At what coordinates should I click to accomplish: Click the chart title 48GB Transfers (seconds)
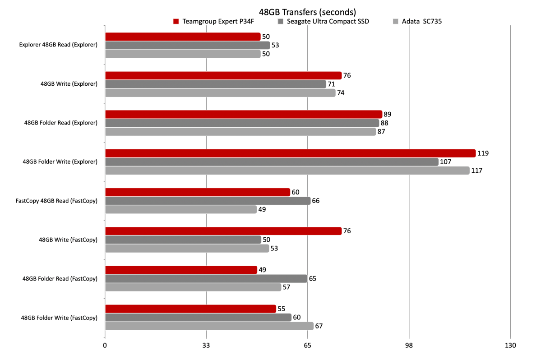point(307,11)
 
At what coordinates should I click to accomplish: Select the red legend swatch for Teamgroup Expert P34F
point(176,21)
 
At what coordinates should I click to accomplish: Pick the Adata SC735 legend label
point(419,21)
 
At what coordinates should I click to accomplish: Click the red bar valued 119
point(290,153)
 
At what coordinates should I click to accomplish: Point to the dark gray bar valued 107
point(272,162)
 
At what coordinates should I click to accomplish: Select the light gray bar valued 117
point(287,171)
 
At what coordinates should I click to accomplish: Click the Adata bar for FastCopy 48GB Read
point(181,209)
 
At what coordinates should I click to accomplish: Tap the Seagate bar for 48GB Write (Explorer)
point(215,84)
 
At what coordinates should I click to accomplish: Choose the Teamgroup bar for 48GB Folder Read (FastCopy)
point(181,270)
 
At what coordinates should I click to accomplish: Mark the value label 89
point(387,115)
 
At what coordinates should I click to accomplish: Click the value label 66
point(316,201)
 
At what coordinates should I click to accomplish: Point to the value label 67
point(319,326)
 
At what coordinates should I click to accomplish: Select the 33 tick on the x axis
point(206,346)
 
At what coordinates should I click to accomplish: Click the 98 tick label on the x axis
point(409,346)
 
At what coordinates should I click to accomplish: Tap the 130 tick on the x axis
point(510,346)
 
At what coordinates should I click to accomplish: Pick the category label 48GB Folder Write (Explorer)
point(60,162)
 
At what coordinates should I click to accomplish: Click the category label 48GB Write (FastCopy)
point(68,240)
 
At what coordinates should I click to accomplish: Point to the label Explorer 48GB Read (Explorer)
point(58,45)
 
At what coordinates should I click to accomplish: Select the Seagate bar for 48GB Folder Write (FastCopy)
point(198,318)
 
